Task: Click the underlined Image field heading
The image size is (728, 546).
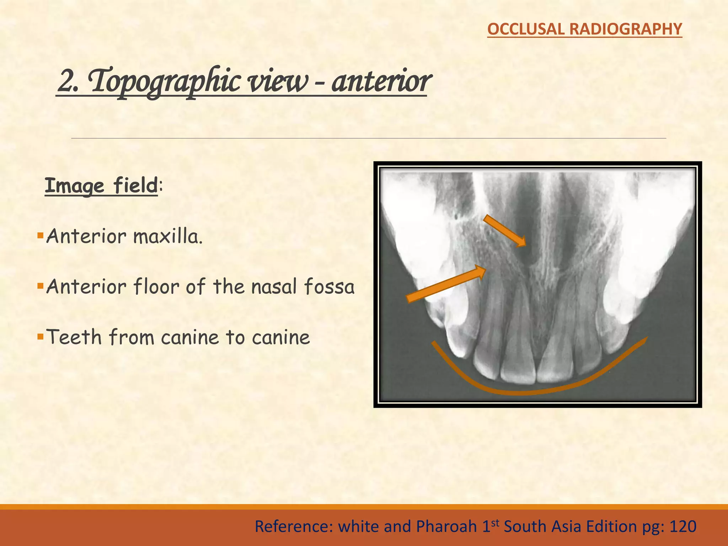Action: (x=101, y=186)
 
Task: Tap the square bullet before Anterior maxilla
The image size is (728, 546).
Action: (x=40, y=235)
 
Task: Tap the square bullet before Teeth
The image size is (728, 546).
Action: (x=40, y=336)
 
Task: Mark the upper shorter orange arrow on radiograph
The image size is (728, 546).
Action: (x=504, y=231)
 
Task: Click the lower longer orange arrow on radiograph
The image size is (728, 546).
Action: (x=446, y=285)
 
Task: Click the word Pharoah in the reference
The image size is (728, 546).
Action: (x=446, y=526)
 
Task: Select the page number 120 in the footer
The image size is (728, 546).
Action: (x=683, y=526)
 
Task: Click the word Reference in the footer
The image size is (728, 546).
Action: (x=294, y=526)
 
